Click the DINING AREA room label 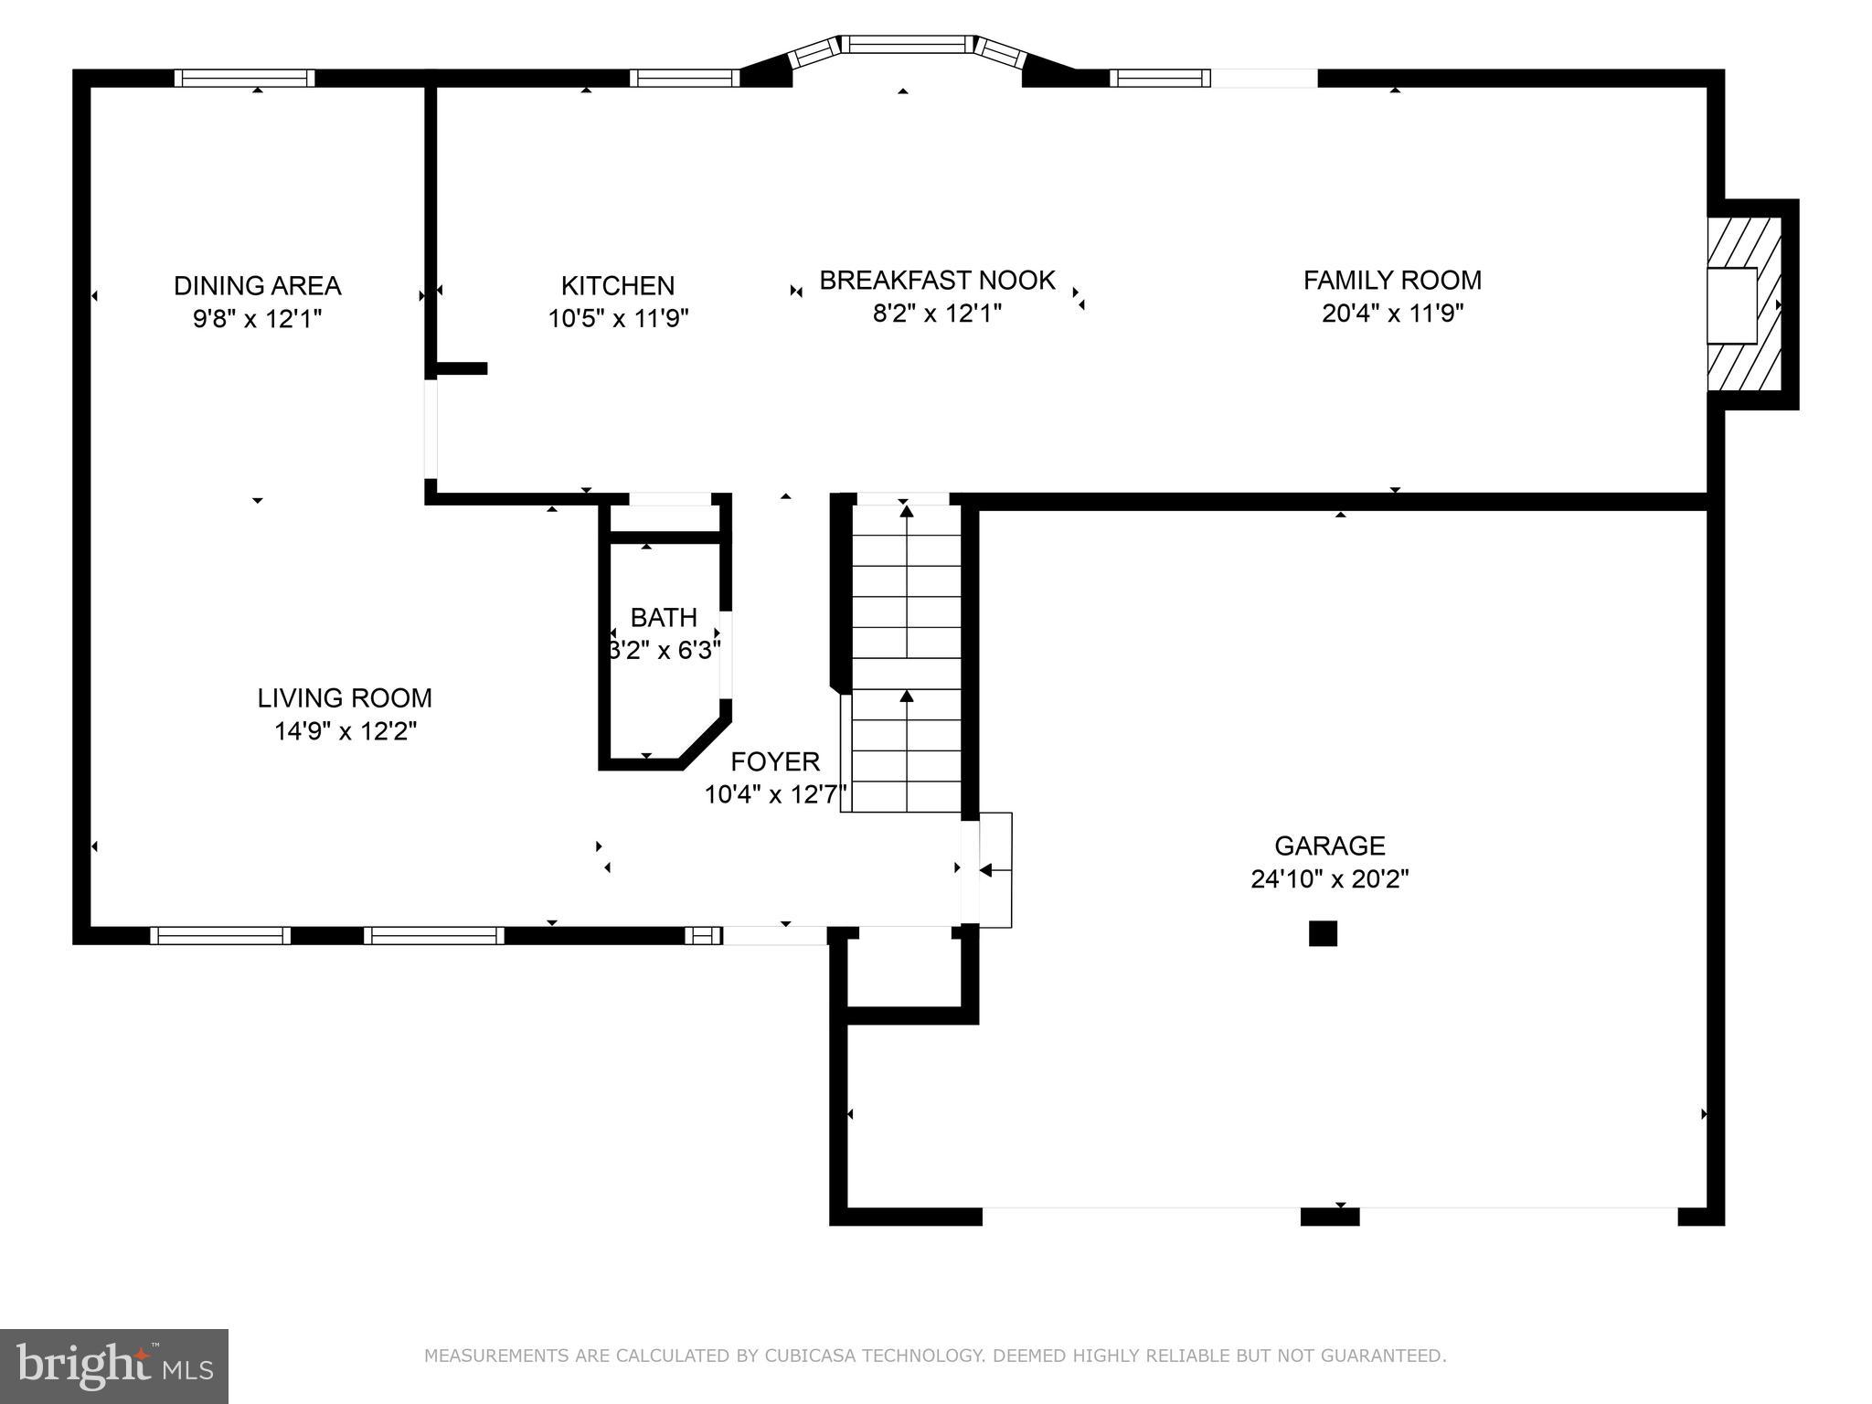(x=257, y=286)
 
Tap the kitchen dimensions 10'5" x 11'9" (x=618, y=319)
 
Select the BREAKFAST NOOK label (x=937, y=280)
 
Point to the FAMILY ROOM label (x=1392, y=280)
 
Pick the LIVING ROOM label (x=345, y=698)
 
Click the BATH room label (x=664, y=618)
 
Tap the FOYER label (x=775, y=761)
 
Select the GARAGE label (x=1330, y=846)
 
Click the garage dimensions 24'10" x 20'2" (x=1330, y=879)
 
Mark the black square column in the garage (x=1323, y=933)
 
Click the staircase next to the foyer (x=906, y=658)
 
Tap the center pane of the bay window (x=905, y=44)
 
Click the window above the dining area (x=244, y=79)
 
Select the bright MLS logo (x=114, y=1366)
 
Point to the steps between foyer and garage (x=994, y=869)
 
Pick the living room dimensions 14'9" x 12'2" (x=346, y=731)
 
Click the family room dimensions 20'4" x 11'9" (x=1392, y=314)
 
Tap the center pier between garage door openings (x=1330, y=1217)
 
